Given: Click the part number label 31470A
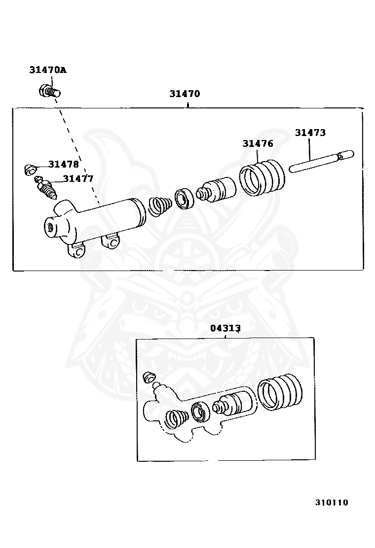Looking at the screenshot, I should pyautogui.click(x=47, y=70).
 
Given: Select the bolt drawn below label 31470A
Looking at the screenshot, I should pyautogui.click(x=49, y=91).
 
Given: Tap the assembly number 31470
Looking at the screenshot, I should pyautogui.click(x=185, y=94).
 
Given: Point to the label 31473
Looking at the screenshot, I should pyautogui.click(x=310, y=133).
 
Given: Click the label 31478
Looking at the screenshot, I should pyautogui.click(x=63, y=164).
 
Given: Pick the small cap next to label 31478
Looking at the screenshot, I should pyautogui.click(x=31, y=170).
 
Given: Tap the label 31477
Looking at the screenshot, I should pyautogui.click(x=77, y=179).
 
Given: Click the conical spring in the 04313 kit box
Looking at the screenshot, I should pyautogui.click(x=176, y=419).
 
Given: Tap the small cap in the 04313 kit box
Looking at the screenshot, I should pyautogui.click(x=148, y=378).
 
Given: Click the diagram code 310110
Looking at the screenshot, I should pyautogui.click(x=332, y=503).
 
